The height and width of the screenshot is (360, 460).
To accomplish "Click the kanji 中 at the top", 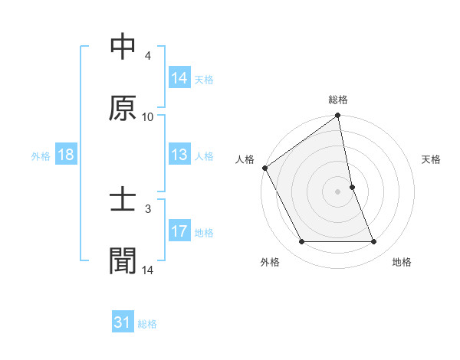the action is [123, 47].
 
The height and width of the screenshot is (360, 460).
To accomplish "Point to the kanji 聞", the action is [123, 260].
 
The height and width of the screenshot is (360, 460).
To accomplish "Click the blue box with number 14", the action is [179, 77].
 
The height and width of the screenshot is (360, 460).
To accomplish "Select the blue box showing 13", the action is [179, 155].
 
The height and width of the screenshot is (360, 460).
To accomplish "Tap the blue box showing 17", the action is [179, 231].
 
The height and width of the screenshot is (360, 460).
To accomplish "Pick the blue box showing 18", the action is [66, 155].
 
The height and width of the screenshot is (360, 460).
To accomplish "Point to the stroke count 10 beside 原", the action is [148, 117].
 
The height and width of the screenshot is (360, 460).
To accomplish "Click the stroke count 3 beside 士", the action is [148, 208].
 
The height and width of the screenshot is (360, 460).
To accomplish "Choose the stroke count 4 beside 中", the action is [148, 56].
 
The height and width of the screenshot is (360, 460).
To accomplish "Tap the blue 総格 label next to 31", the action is [147, 324].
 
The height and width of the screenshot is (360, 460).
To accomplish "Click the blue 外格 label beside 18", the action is [41, 155].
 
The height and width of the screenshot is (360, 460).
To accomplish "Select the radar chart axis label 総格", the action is [338, 100].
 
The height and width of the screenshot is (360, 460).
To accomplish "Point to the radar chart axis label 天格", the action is [432, 159].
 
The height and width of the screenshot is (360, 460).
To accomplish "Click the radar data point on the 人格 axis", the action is [264, 168].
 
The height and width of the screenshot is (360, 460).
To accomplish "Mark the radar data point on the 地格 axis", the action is [373, 242].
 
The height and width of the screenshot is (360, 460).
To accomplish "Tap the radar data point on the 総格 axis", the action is [338, 116].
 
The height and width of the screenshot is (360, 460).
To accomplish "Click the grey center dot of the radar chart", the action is [338, 191].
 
